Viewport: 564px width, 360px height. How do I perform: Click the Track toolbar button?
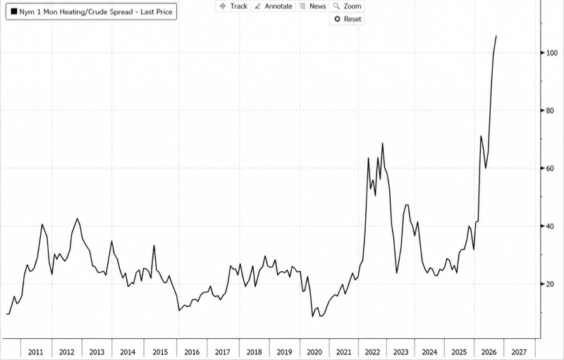(233, 6)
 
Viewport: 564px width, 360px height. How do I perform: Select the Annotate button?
(274, 6)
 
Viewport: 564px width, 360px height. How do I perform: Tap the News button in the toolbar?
(312, 6)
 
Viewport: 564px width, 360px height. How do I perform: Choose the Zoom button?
(347, 6)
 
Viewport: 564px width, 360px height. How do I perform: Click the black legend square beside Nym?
(14, 11)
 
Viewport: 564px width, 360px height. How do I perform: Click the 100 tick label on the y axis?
(552, 53)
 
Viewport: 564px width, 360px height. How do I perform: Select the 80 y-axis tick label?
(550, 111)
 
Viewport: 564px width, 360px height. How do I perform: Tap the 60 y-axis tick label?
(550, 168)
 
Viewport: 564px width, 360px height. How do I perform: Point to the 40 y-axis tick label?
(550, 226)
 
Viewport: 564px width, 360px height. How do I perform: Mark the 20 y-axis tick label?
(550, 284)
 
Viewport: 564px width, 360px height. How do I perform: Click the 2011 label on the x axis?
(35, 352)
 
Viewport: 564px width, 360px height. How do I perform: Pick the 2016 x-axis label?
(192, 352)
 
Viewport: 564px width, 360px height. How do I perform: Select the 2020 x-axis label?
(314, 352)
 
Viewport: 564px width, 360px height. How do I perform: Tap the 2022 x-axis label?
(372, 352)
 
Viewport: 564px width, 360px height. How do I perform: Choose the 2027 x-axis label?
(519, 352)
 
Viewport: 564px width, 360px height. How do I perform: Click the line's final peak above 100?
(496, 36)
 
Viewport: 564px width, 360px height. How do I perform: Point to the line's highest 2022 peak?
(382, 143)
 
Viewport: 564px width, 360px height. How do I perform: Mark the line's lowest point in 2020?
(312, 316)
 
